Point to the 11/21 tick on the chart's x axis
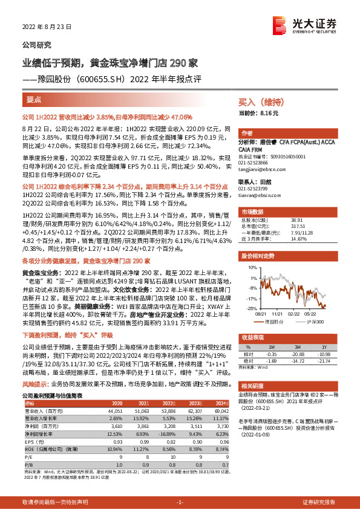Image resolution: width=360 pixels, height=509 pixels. pyautogui.click(x=278, y=313)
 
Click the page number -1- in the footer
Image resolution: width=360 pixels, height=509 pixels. pyautogui.click(x=179, y=502)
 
